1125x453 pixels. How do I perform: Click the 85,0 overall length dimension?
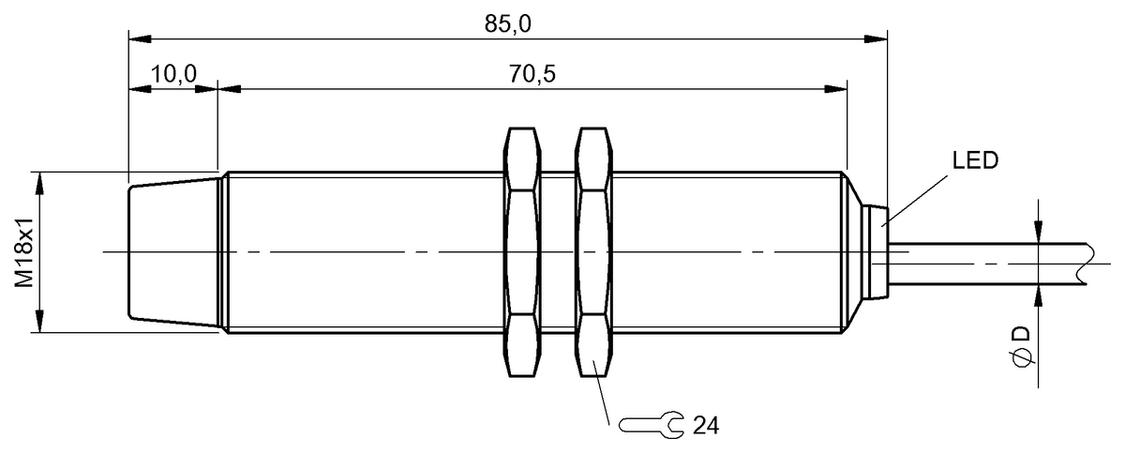(x=508, y=23)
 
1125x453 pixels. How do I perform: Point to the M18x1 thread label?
(x=26, y=251)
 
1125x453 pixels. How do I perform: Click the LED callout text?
(x=975, y=160)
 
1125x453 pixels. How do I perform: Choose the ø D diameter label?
(x=1021, y=346)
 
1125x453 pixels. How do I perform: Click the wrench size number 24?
(x=705, y=427)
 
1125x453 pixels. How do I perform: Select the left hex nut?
(x=522, y=251)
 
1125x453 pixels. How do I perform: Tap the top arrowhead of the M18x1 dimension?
(x=40, y=181)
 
